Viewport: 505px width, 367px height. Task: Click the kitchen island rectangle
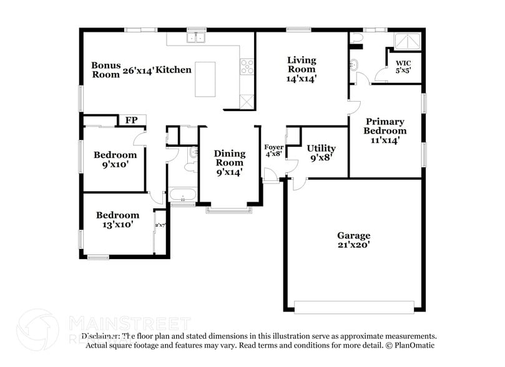click(205, 79)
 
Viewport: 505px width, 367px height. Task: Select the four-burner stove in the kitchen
click(247, 66)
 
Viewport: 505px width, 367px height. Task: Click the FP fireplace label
click(132, 120)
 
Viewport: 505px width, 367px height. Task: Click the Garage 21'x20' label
click(354, 240)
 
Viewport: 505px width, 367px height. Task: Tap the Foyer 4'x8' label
click(274, 150)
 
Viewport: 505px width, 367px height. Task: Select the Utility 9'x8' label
click(321, 152)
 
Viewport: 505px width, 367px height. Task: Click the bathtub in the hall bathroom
click(182, 195)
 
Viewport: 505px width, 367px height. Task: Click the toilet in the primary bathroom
click(356, 39)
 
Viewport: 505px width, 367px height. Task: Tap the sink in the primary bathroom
click(353, 65)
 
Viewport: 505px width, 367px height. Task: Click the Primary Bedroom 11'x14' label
click(385, 131)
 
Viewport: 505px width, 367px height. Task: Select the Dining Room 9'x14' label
click(229, 162)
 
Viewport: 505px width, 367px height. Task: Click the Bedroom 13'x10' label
click(117, 220)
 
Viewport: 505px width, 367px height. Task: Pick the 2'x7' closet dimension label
click(160, 225)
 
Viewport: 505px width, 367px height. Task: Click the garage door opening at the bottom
click(353, 307)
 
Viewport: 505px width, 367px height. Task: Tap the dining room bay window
click(230, 210)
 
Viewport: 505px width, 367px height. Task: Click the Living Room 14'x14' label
click(302, 69)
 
